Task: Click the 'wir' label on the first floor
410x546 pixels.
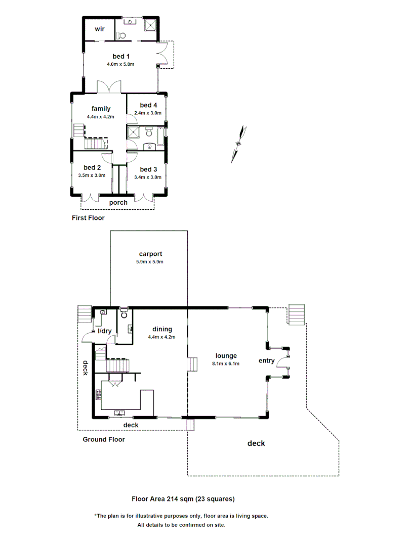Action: pos(99,29)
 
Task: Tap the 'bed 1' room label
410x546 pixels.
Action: pos(120,56)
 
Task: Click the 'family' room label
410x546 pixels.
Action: pos(101,108)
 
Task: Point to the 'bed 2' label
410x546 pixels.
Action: pos(92,167)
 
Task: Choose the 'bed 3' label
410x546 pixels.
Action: pos(148,169)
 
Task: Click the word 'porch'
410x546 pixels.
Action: pos(118,203)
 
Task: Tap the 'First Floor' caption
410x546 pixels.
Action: pos(88,218)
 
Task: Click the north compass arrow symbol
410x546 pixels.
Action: pos(239,144)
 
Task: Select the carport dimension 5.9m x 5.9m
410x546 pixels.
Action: pos(149,262)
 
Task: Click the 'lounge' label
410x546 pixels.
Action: pos(226,355)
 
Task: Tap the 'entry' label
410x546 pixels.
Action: pos(266,360)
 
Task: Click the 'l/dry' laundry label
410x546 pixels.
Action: pos(105,331)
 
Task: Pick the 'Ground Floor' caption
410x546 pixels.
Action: pos(104,439)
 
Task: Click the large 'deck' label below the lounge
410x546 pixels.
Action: pos(256,443)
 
